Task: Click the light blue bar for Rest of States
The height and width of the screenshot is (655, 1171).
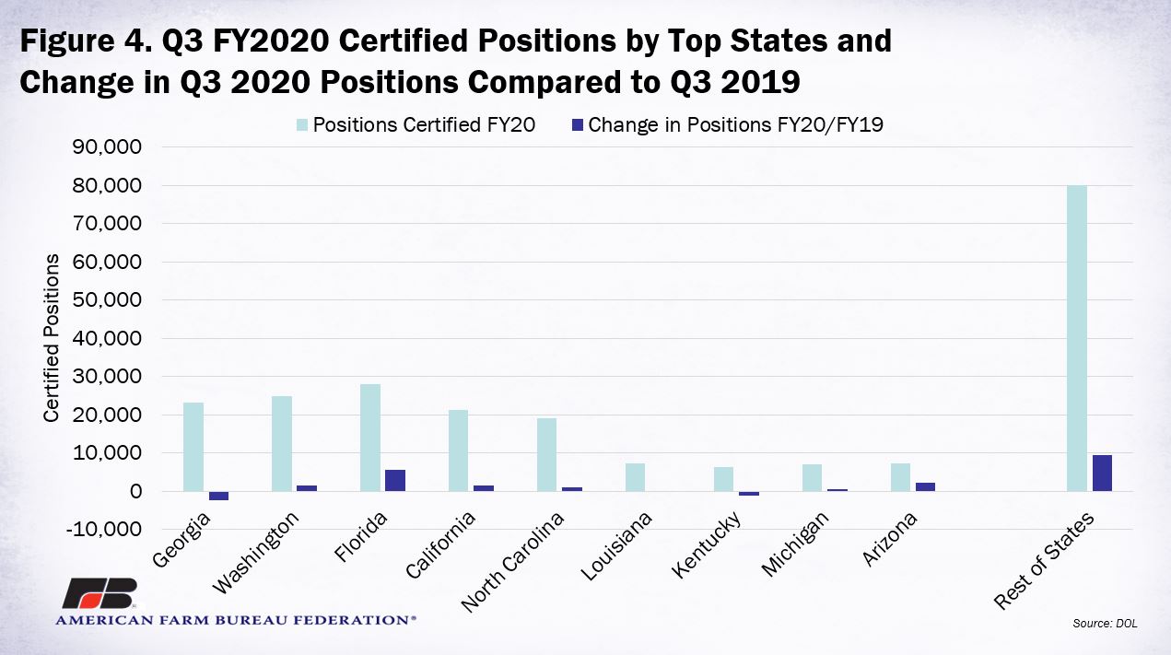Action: [x=1076, y=338]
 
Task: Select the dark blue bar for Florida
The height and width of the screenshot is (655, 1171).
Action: [x=395, y=480]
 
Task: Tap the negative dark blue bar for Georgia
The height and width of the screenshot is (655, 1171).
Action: [x=218, y=496]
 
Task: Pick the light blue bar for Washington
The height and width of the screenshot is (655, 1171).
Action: [x=282, y=444]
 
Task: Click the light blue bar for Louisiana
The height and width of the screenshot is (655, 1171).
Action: [x=635, y=477]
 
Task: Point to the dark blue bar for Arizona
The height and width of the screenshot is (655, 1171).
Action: [x=925, y=486]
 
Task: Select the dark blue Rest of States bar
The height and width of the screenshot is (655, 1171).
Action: [x=1102, y=474]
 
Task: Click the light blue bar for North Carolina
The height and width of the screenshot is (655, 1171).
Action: [x=547, y=455]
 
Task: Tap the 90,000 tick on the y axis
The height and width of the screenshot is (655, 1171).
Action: [x=107, y=146]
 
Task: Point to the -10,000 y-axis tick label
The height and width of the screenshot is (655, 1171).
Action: [x=103, y=529]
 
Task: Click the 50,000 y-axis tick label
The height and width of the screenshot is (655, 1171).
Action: [x=107, y=300]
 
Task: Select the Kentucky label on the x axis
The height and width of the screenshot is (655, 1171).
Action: [x=706, y=544]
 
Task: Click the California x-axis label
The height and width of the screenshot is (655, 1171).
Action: [x=440, y=544]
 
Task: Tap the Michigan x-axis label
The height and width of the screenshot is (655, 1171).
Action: [x=794, y=544]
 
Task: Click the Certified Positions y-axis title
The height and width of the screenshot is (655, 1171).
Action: [x=52, y=338]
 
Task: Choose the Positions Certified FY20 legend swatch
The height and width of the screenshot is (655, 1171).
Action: [x=301, y=125]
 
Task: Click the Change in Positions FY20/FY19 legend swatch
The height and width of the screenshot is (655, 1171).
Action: [x=577, y=125]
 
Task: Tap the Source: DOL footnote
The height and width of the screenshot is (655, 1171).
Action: [x=1105, y=623]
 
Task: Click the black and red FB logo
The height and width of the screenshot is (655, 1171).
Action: [x=100, y=593]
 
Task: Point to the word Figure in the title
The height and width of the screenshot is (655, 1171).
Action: [x=67, y=41]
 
